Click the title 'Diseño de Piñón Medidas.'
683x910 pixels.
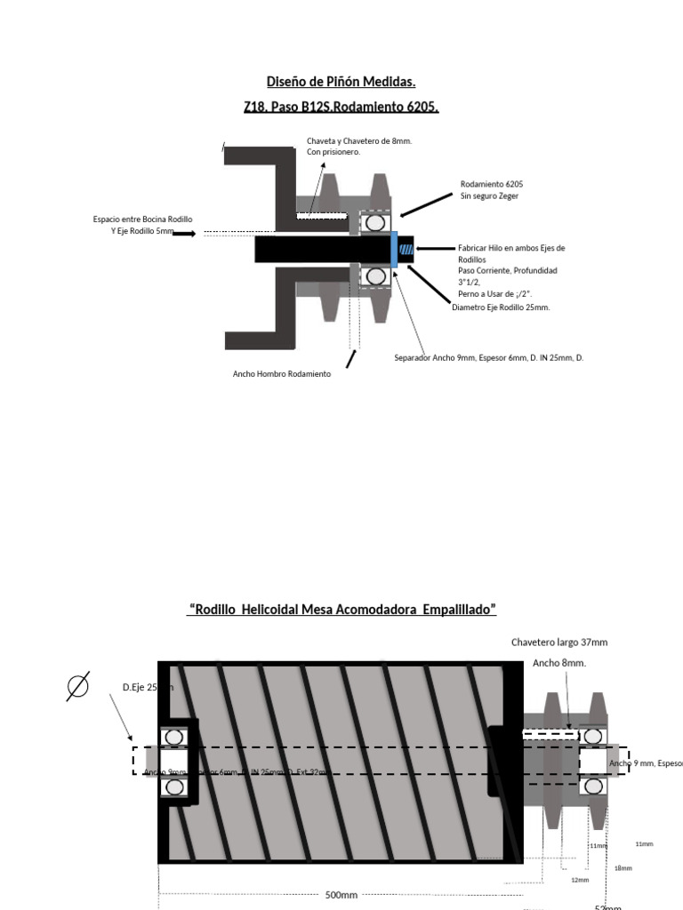pyautogui.click(x=341, y=83)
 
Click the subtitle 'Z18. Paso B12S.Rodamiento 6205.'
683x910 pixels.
pyautogui.click(x=341, y=108)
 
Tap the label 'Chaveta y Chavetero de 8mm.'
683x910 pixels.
pyautogui.click(x=359, y=141)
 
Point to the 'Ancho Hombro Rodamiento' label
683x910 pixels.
pyautogui.click(x=281, y=374)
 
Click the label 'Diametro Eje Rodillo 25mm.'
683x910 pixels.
pyautogui.click(x=501, y=307)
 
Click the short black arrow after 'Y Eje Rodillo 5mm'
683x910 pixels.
pyautogui.click(x=184, y=234)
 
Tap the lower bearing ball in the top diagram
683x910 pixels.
pyautogui.click(x=376, y=276)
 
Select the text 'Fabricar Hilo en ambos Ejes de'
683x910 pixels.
pyautogui.click(x=510, y=249)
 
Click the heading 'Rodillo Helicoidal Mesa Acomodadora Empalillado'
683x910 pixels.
pyautogui.click(x=341, y=610)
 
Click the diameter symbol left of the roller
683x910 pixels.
pyautogui.click(x=78, y=687)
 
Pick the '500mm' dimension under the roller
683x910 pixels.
pyautogui.click(x=341, y=895)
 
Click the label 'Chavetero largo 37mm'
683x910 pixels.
pyautogui.click(x=559, y=642)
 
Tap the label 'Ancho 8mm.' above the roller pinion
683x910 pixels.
pyautogui.click(x=559, y=663)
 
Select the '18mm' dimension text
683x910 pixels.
pyautogui.click(x=623, y=868)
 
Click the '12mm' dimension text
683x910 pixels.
pyautogui.click(x=580, y=880)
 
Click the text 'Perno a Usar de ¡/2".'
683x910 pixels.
pyautogui.click(x=494, y=293)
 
